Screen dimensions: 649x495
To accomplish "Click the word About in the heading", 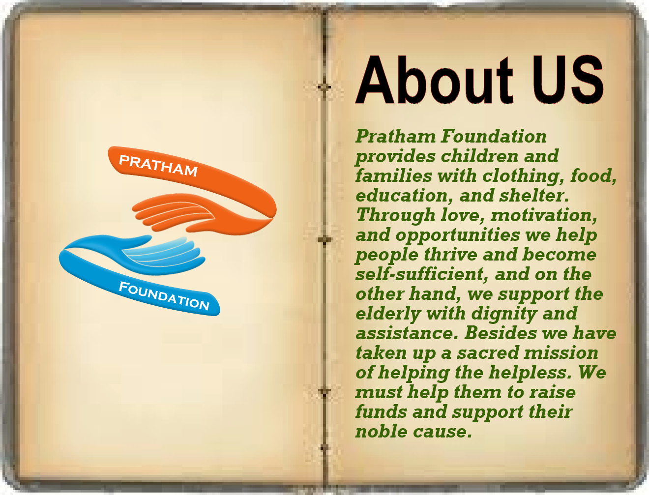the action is pos(434,80).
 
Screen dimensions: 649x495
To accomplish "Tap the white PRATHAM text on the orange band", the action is pos(158,166).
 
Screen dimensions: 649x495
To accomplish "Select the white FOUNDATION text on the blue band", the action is pos(164,296).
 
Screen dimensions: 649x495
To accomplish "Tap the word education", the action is pos(404,196).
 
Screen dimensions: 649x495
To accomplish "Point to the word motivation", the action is pos(544,215).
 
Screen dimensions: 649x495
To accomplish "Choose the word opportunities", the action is pos(458,235).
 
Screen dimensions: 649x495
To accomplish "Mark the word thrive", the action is pos(450,255).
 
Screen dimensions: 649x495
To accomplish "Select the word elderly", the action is pos(388,314).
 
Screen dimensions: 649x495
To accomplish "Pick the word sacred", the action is pos(488,353).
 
